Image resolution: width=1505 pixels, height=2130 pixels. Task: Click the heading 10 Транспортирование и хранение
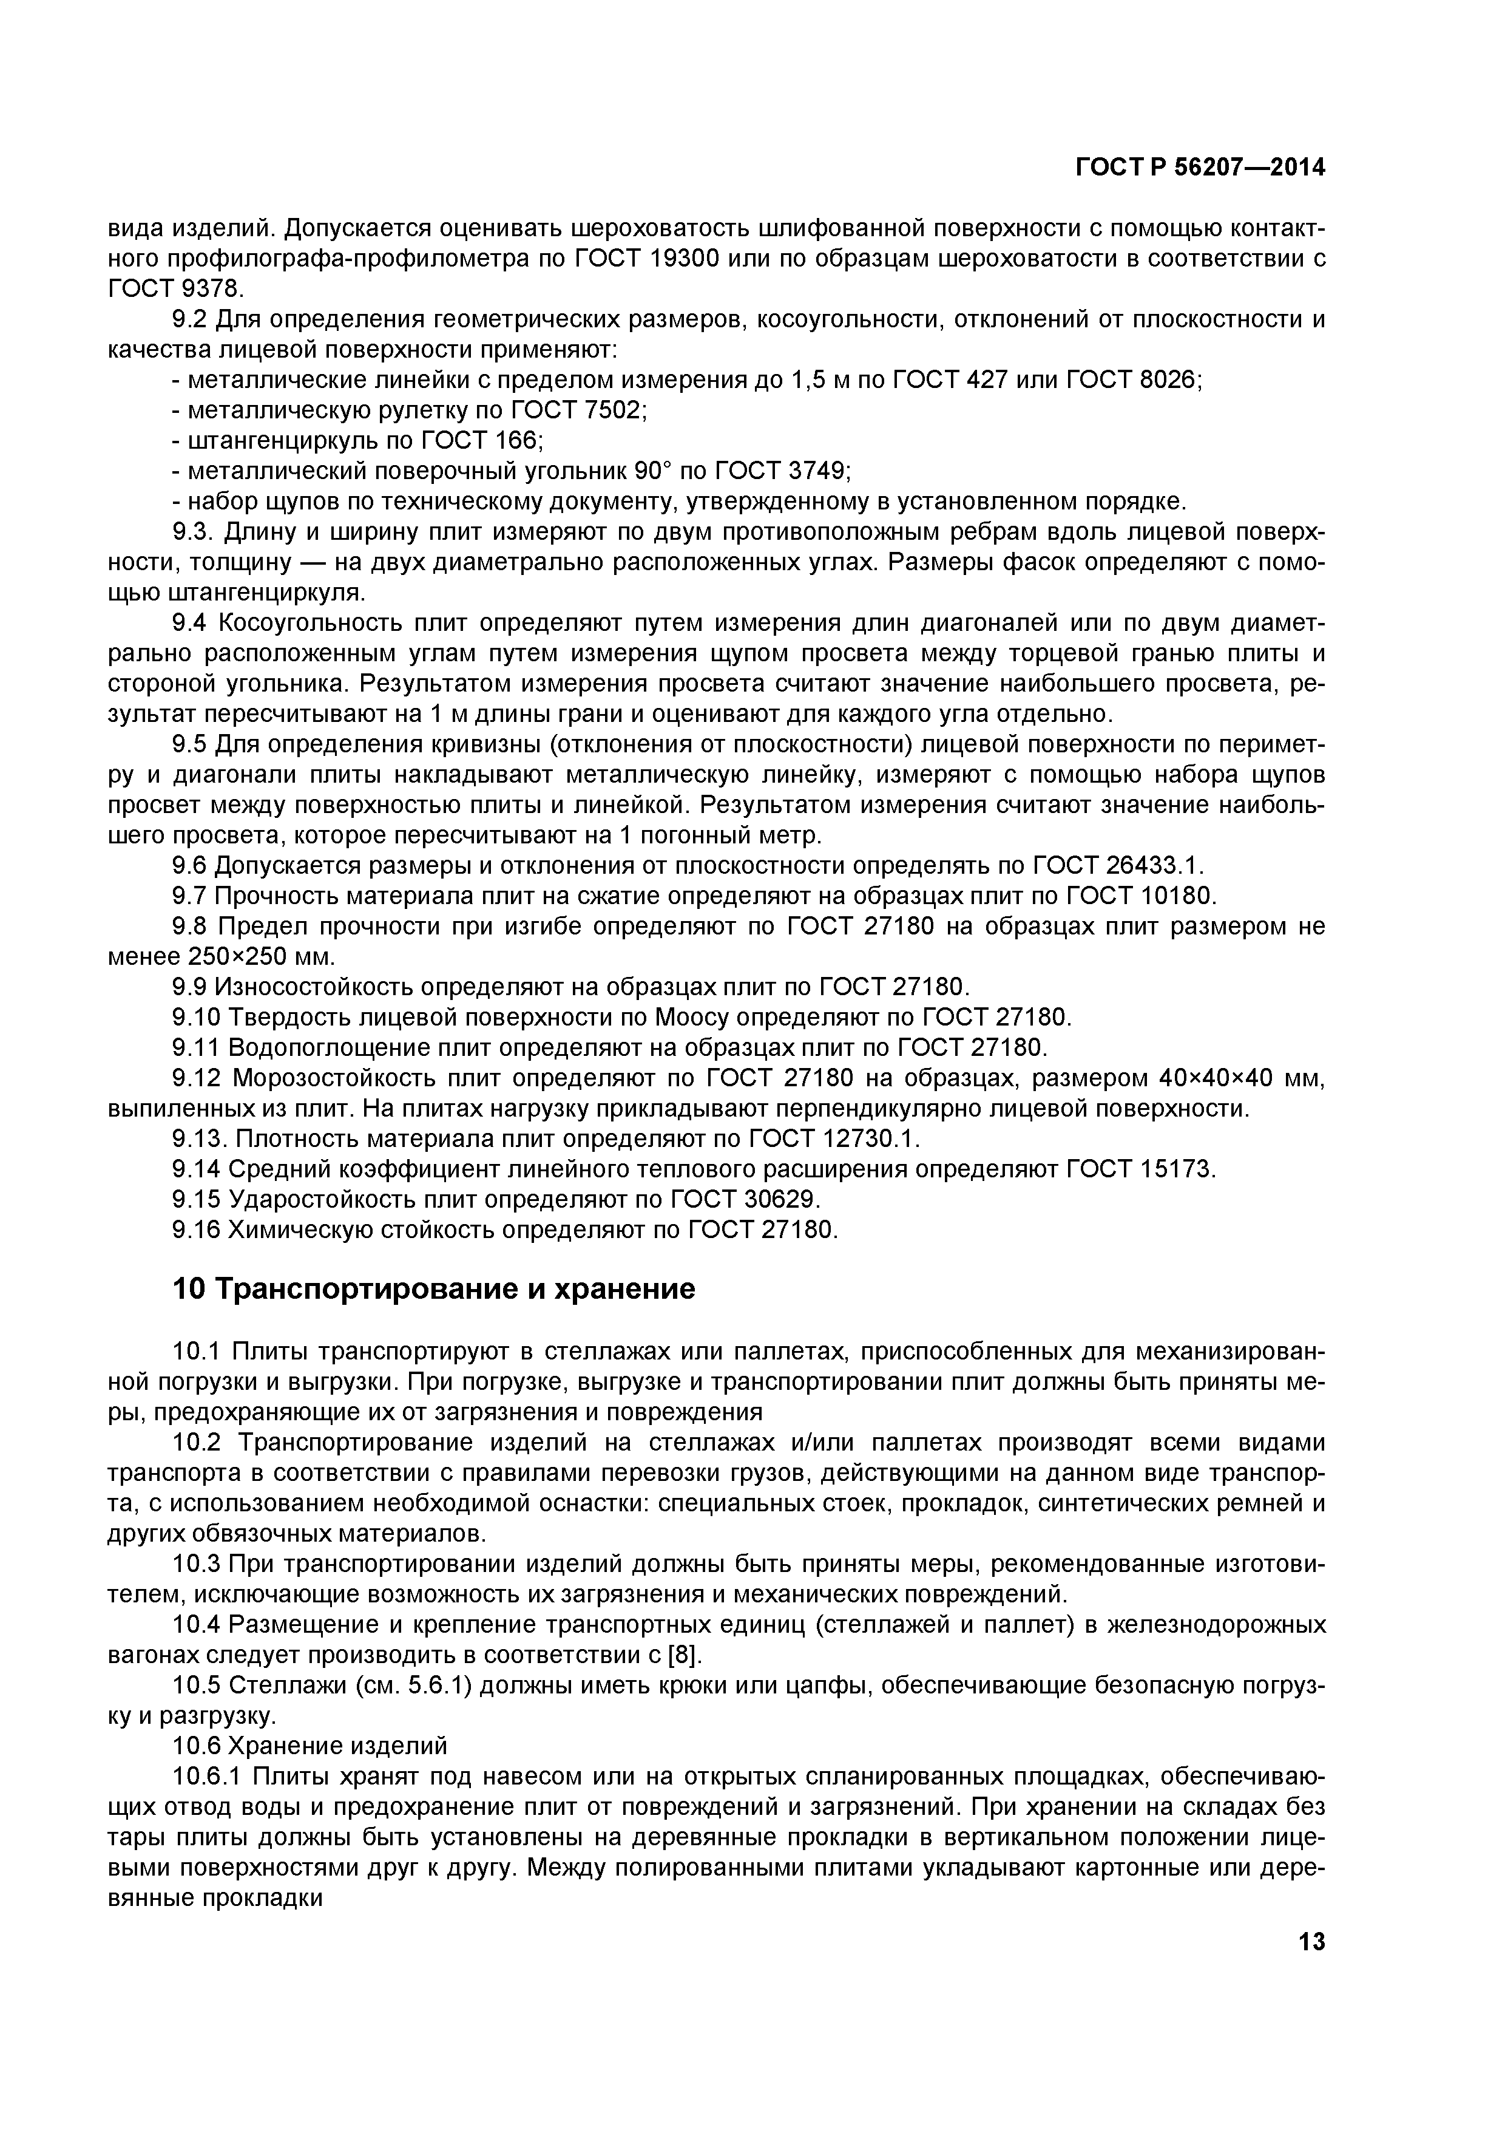click(x=434, y=1288)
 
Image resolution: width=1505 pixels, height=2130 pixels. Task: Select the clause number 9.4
click(x=189, y=622)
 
